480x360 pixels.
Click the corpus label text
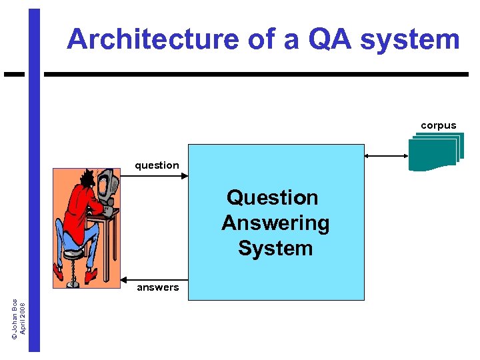[438, 125]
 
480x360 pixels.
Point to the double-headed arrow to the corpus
[386, 155]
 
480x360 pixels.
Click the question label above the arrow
[157, 165]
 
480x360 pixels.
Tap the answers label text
[157, 287]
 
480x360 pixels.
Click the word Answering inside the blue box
[275, 223]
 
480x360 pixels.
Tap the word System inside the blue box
[275, 248]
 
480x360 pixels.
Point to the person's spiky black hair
[88, 178]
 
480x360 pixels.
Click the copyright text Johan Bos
[15, 317]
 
